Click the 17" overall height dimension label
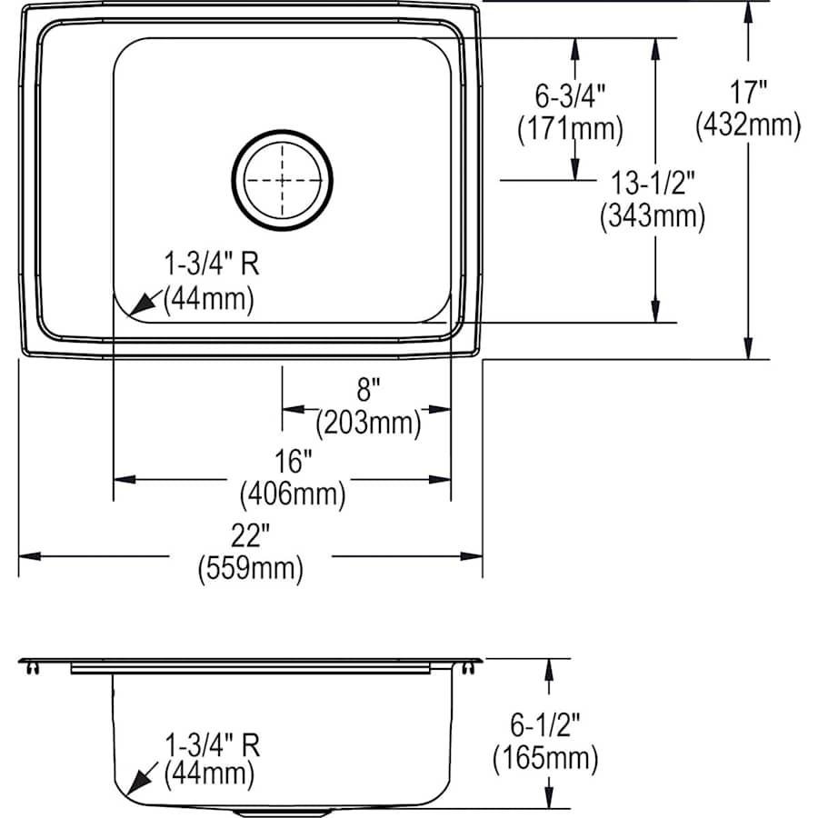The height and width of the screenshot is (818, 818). (x=748, y=92)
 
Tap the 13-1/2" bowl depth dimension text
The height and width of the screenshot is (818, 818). (x=653, y=184)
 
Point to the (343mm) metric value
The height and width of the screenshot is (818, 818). (x=653, y=216)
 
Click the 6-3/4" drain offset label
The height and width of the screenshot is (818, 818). (x=570, y=95)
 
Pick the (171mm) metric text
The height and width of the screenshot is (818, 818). (x=571, y=128)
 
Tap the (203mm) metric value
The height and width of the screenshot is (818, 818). (x=368, y=423)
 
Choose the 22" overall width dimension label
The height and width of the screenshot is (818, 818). (x=250, y=536)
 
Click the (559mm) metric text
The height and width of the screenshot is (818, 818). (x=250, y=570)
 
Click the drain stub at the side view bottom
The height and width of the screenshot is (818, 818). (x=282, y=811)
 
